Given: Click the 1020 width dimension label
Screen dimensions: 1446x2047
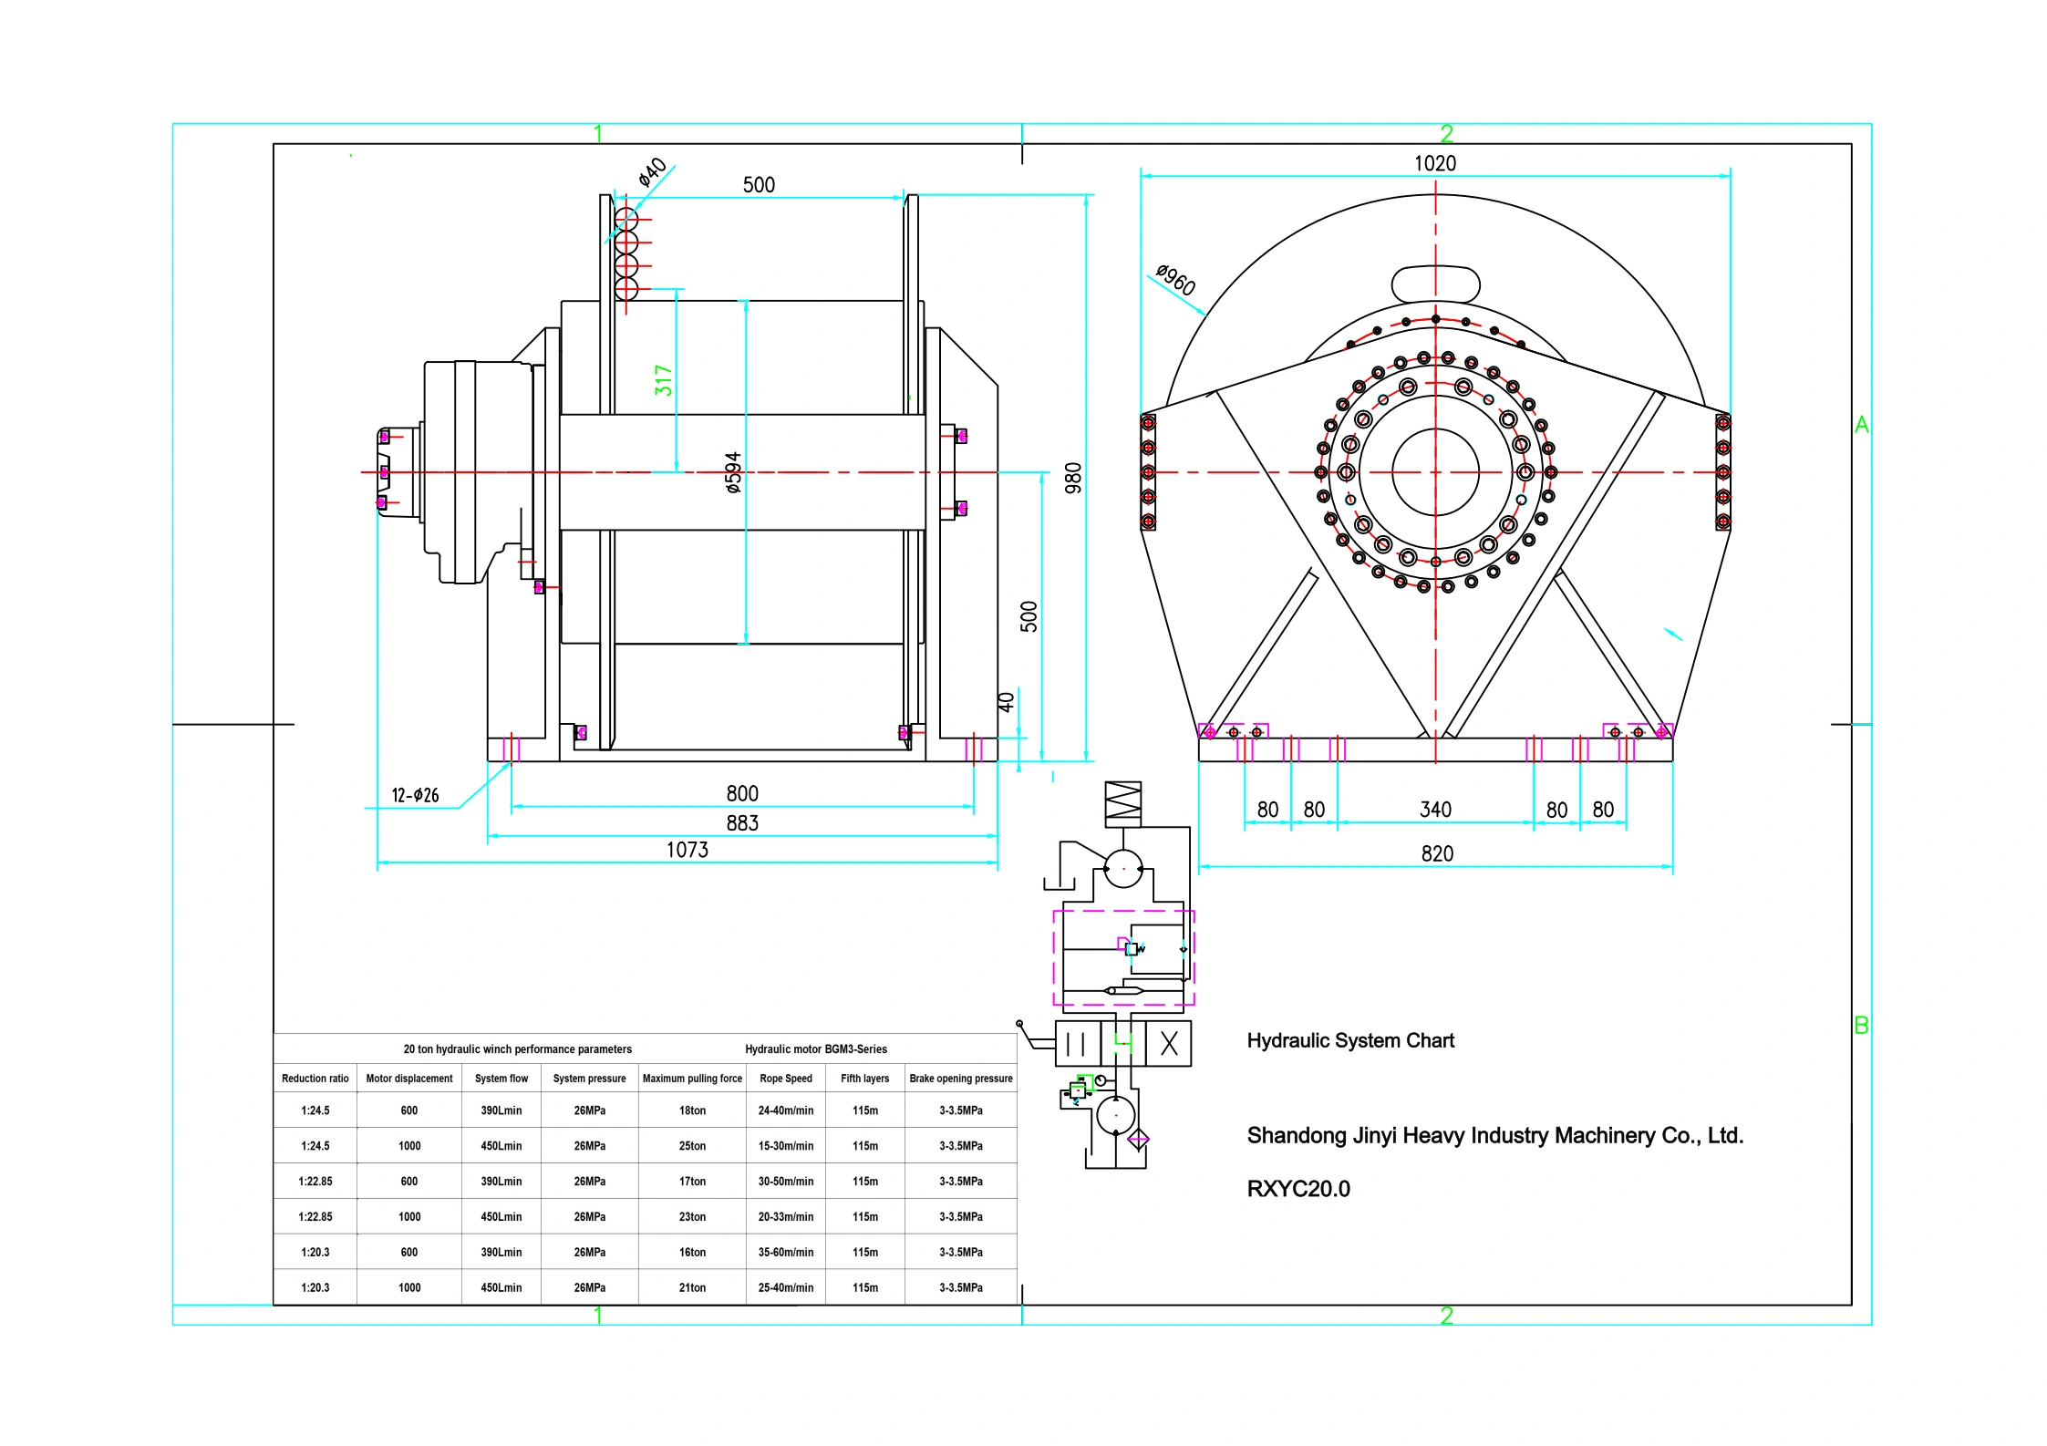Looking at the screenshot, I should coord(1434,163).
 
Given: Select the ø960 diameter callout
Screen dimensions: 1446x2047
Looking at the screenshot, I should coord(1175,279).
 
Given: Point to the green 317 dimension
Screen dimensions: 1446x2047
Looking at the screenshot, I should coord(663,380).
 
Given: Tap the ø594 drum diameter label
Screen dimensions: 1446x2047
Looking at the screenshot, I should coord(733,472).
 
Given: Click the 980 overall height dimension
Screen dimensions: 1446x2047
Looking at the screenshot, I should coord(1073,478).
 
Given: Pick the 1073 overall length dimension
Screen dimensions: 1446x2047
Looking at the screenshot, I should coord(687,850).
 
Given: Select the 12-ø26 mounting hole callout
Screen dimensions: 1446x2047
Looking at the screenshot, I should coord(415,795).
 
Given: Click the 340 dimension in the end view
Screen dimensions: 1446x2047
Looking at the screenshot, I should coord(1435,810).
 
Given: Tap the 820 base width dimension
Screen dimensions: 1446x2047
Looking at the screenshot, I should coord(1437,853).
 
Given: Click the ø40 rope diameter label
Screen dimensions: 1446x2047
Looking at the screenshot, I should coord(652,171).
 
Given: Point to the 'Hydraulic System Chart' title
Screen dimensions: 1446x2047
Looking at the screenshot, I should coord(1350,1040).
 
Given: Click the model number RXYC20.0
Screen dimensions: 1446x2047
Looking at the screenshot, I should coord(1298,1189).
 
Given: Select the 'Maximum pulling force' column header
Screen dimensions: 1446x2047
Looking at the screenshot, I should coord(692,1079).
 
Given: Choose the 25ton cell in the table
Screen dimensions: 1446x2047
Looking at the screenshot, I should coord(692,1146).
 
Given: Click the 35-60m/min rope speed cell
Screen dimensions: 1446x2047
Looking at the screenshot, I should coord(786,1252).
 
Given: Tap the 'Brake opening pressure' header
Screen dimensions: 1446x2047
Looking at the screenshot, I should coord(961,1079).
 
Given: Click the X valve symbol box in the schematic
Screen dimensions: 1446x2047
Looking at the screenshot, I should coord(1169,1044).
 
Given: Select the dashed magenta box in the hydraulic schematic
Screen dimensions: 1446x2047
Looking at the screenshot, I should coord(1123,957).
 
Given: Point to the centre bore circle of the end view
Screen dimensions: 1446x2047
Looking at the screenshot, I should coord(1435,472).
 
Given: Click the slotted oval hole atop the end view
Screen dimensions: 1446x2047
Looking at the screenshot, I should coord(1435,284).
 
